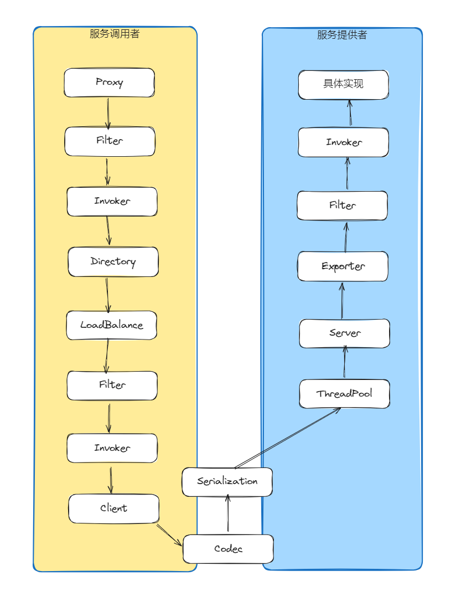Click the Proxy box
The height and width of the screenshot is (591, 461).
tap(109, 83)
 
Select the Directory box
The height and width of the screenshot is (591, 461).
tap(113, 261)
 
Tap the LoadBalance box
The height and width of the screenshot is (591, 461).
tap(111, 325)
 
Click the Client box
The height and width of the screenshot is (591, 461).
tap(113, 508)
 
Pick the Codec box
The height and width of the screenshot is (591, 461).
tap(228, 549)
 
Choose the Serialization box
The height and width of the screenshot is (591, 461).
tap(227, 481)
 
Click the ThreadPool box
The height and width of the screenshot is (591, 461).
tap(344, 394)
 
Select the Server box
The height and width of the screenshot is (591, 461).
tap(344, 333)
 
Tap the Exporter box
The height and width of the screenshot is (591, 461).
tap(343, 266)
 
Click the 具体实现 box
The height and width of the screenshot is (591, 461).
tap(343, 85)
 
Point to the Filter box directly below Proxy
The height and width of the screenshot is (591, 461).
tap(110, 141)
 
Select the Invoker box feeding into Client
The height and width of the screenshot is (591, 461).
tap(112, 448)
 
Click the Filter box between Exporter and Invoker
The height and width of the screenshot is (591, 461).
tap(342, 205)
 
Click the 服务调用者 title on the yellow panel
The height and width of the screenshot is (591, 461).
tap(115, 34)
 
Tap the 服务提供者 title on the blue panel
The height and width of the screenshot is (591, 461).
tap(342, 35)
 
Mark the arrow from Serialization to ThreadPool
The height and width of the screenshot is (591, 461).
tap(287, 438)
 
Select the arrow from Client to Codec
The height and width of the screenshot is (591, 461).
tap(169, 535)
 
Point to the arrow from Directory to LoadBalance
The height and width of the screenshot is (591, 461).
tap(107, 295)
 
